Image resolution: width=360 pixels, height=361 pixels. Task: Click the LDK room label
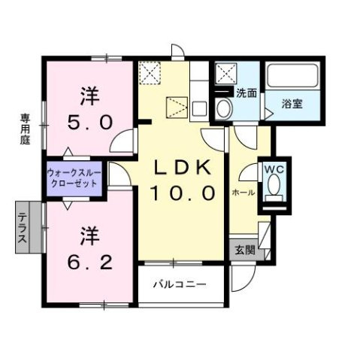[x=182, y=168]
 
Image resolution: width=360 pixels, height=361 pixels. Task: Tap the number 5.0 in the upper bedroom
[x=89, y=122]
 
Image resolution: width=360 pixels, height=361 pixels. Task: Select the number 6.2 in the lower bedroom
[x=89, y=262]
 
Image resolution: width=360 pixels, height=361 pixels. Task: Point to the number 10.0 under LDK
[x=182, y=193]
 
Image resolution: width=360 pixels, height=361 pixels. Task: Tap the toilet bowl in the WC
[x=274, y=184]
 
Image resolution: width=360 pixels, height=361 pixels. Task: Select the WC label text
[x=274, y=170]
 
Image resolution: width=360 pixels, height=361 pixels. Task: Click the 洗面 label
[x=247, y=93]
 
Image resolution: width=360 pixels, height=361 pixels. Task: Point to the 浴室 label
[x=292, y=104]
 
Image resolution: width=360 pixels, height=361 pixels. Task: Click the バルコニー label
[x=180, y=284]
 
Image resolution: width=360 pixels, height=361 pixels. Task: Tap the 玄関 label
[x=245, y=250]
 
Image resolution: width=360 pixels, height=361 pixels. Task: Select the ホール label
[x=244, y=193]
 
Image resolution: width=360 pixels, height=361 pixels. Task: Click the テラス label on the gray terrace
[x=23, y=227]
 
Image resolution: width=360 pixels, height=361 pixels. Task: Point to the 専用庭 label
[x=25, y=129]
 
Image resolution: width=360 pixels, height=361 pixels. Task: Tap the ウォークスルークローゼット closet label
[x=74, y=178]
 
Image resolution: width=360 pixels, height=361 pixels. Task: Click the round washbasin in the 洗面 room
[x=224, y=108]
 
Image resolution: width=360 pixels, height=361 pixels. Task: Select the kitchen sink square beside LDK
[x=199, y=109]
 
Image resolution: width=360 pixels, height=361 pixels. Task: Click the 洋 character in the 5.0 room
[x=89, y=96]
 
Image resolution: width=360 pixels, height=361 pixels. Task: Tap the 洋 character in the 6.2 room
[x=89, y=236]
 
